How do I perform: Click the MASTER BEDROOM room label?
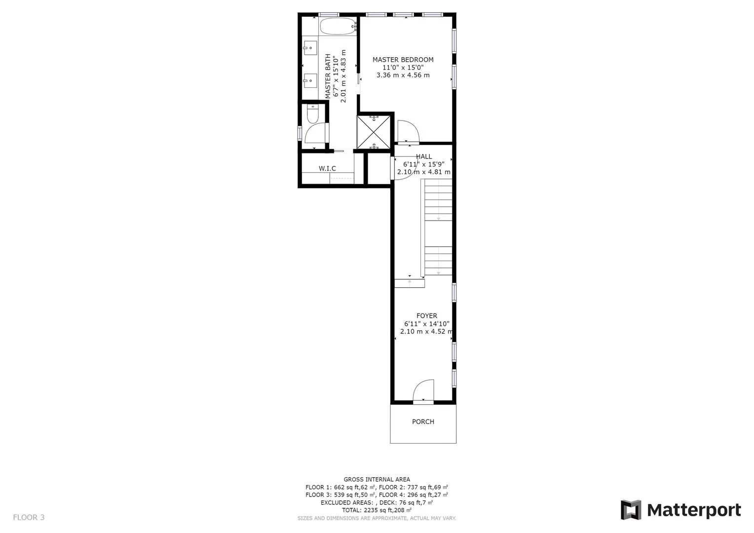403,60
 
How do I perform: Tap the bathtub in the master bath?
338,26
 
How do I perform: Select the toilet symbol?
313,114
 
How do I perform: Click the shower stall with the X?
374,132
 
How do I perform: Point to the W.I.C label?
327,168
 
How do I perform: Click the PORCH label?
423,421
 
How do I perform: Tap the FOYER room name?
427,316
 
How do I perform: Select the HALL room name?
424,156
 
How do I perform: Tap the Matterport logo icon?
631,509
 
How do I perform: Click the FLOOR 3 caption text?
29,517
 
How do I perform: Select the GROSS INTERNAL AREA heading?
377,479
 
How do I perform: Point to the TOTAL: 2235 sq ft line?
377,510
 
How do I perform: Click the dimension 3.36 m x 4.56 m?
403,75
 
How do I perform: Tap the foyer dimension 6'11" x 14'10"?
427,324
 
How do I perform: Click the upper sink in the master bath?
310,48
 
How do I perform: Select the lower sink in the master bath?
310,80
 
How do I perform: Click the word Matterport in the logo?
694,510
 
